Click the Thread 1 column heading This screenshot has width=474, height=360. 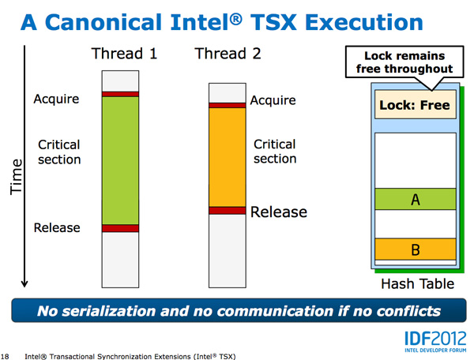pos(124,54)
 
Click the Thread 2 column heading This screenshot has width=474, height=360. pos(228,54)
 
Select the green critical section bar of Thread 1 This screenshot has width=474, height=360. pos(120,160)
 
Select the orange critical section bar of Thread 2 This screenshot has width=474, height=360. pos(228,157)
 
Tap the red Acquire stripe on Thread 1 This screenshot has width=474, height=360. pos(120,94)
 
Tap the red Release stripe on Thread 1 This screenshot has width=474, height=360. pos(120,228)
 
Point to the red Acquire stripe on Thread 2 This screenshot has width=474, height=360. pos(228,106)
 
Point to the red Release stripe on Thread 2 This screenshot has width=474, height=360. pos(228,211)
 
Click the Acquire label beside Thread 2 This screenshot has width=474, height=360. pos(273,100)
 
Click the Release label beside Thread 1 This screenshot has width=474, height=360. pos(57,227)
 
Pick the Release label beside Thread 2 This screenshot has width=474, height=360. pos(279,212)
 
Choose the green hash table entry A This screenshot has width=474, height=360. pos(416,199)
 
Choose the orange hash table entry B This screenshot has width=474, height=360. pos(416,249)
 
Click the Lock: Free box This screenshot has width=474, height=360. pos(416,104)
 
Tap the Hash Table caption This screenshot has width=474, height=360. pos(417,284)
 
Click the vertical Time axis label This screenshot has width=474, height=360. pos(16,177)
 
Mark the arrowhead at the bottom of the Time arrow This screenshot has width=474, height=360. pos(24,284)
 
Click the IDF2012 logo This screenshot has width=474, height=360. pos(435,341)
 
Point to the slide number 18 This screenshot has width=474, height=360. pos(6,356)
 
